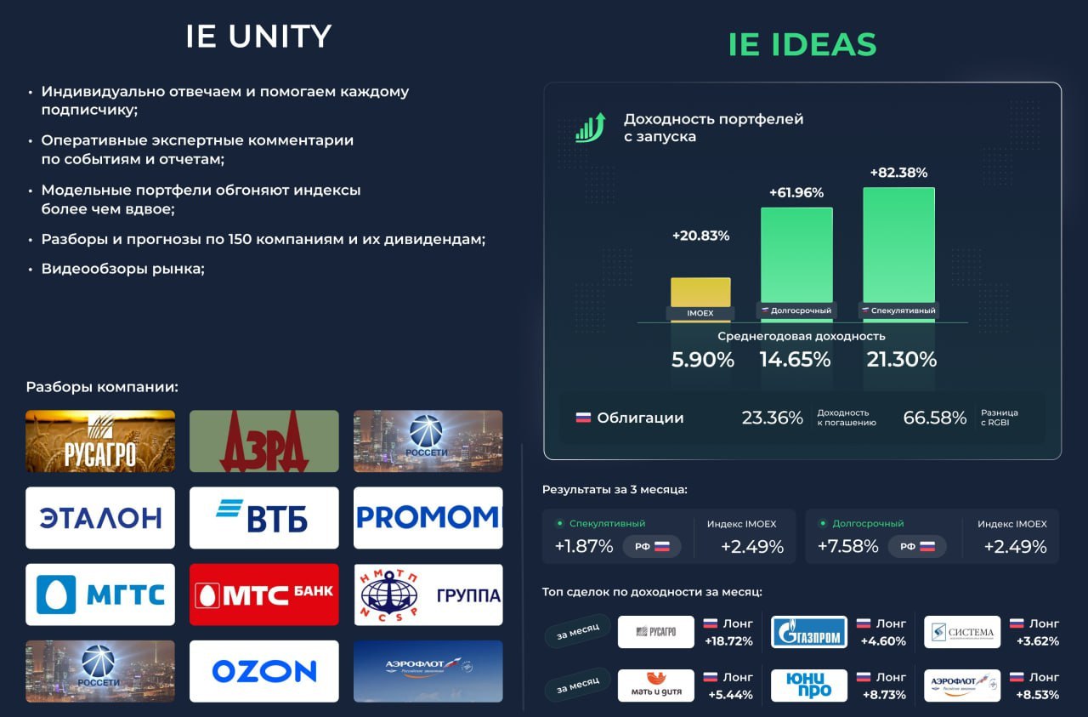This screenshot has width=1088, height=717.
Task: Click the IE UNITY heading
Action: point(258,36)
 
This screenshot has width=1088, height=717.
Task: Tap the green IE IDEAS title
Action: point(802,44)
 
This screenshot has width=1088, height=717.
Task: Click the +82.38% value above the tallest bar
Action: point(898,173)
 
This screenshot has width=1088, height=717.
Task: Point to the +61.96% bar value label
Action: point(796,192)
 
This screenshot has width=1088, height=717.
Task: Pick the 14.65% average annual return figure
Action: point(795,360)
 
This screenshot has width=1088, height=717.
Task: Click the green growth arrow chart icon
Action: point(591,128)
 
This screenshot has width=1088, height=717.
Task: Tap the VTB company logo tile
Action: point(263,518)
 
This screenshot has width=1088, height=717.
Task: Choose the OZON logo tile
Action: point(263,671)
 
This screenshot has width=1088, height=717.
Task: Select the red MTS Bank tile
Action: point(263,595)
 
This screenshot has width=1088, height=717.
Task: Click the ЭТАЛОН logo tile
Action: point(100,518)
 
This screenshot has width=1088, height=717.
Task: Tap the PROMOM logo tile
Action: point(428,518)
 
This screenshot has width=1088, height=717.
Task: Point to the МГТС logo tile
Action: point(100,595)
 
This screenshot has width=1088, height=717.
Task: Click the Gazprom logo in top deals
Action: point(808,632)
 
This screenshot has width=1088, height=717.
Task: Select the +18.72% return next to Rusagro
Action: point(728,641)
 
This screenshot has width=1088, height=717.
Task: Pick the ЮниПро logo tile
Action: point(808,686)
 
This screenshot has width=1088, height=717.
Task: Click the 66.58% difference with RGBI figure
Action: point(934,418)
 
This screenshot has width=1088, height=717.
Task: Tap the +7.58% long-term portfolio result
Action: point(847,546)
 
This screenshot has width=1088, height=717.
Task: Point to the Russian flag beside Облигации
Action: point(583,418)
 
